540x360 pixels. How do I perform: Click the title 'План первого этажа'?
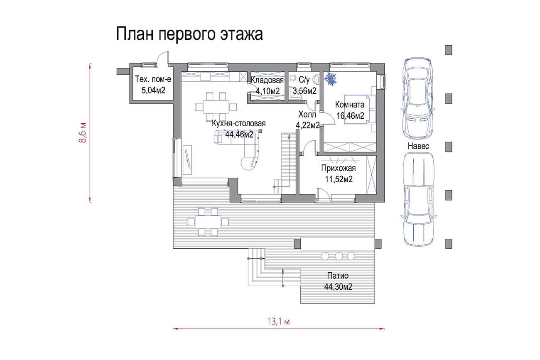pos(189,34)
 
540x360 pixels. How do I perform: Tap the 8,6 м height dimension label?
pos(83,133)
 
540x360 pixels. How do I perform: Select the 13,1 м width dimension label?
pos(279,321)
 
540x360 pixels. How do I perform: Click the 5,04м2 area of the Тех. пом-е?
pos(153,91)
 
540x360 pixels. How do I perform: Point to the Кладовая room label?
pos(268,80)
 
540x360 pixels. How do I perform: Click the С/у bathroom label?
pos(304,80)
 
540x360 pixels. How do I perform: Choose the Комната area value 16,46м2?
pos(350,116)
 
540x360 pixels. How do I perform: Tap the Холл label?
pos(307,115)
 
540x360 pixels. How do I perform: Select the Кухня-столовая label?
pos(239,123)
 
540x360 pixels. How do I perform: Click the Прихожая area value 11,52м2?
pos(339,179)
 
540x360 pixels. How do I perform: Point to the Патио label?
pos(338,276)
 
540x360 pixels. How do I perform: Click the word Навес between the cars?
pos(419,146)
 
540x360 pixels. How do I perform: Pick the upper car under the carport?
pos(418,98)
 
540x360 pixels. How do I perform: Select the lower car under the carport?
pos(419,199)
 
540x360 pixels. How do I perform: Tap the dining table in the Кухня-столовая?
pos(216,107)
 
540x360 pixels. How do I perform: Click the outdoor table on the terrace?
pos(208,222)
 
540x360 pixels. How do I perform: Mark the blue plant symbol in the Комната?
pos(330,79)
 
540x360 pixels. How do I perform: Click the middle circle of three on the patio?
pos(339,256)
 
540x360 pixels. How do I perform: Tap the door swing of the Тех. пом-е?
pos(162,58)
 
